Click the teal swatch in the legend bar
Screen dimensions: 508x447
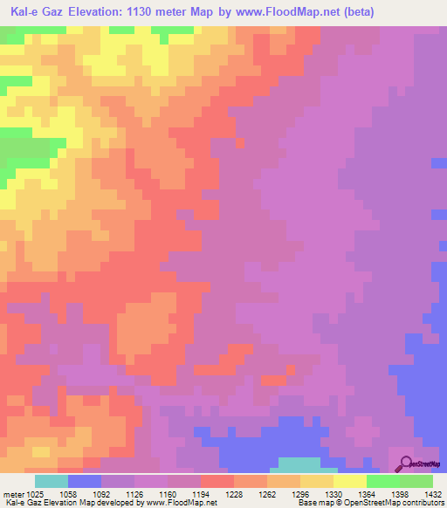point(51,481)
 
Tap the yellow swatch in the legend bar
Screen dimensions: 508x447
point(349,481)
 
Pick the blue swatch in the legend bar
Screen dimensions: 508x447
point(84,481)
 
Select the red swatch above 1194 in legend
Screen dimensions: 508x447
point(217,481)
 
